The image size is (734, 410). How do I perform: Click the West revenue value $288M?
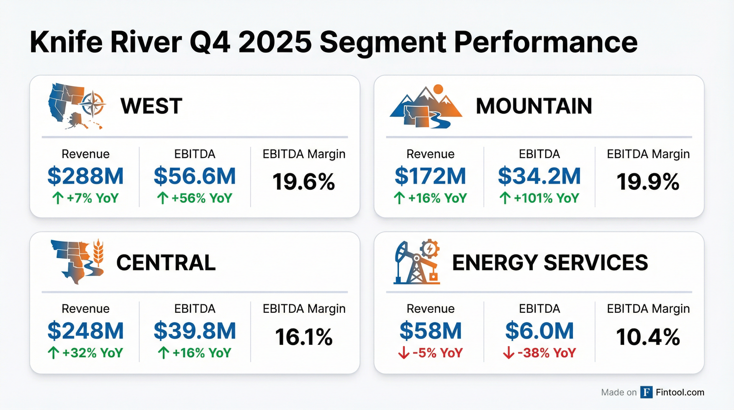point(85,176)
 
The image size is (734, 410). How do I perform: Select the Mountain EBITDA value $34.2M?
point(539,176)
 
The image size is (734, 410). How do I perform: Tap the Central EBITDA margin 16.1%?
point(304,337)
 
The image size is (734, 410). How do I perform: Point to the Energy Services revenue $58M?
point(430,331)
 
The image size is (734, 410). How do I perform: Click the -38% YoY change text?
point(546,353)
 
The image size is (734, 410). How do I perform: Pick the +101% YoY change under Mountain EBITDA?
point(546,198)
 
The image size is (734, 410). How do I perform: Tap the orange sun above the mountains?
point(438,89)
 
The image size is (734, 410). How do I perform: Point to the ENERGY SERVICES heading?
point(550,263)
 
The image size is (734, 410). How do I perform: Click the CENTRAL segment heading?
point(166,263)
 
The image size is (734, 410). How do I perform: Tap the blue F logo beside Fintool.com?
point(646,392)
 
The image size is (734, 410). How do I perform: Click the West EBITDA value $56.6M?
point(195,176)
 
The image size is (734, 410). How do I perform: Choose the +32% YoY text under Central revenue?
point(92,353)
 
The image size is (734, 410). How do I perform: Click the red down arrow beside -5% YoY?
point(404,353)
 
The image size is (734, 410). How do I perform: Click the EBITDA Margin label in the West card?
point(304,154)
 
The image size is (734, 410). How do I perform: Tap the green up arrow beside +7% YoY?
point(58,198)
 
